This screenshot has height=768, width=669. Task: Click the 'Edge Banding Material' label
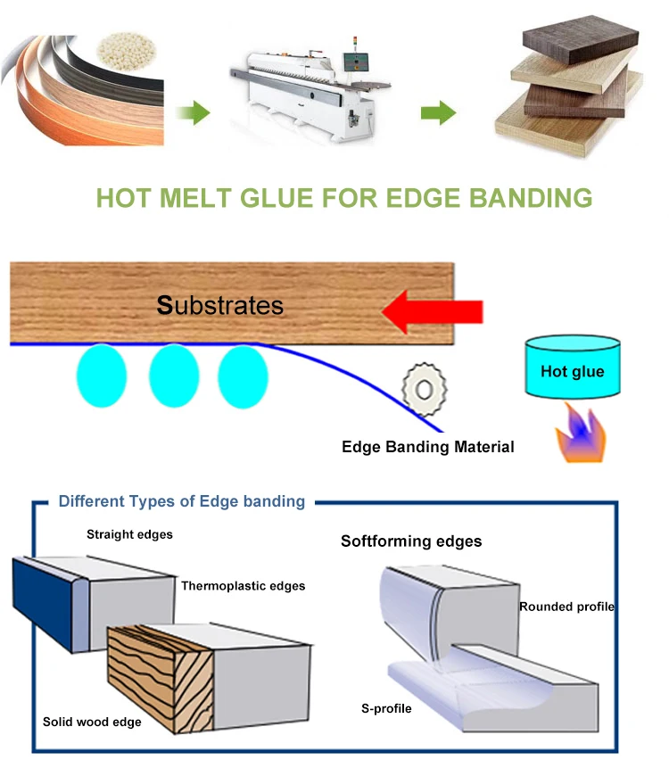[427, 446]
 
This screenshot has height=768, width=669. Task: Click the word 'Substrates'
[219, 306]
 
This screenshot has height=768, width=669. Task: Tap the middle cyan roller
[173, 376]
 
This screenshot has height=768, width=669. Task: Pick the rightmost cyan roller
[243, 376]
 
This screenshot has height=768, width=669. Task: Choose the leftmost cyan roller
[103, 376]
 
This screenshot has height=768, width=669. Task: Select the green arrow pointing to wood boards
[438, 113]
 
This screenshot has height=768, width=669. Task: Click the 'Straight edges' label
[129, 535]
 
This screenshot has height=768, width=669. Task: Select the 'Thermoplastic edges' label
[243, 586]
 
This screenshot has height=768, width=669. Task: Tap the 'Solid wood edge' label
[92, 722]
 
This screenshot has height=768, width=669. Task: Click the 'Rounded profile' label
[566, 607]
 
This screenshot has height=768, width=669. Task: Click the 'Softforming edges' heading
[411, 541]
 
